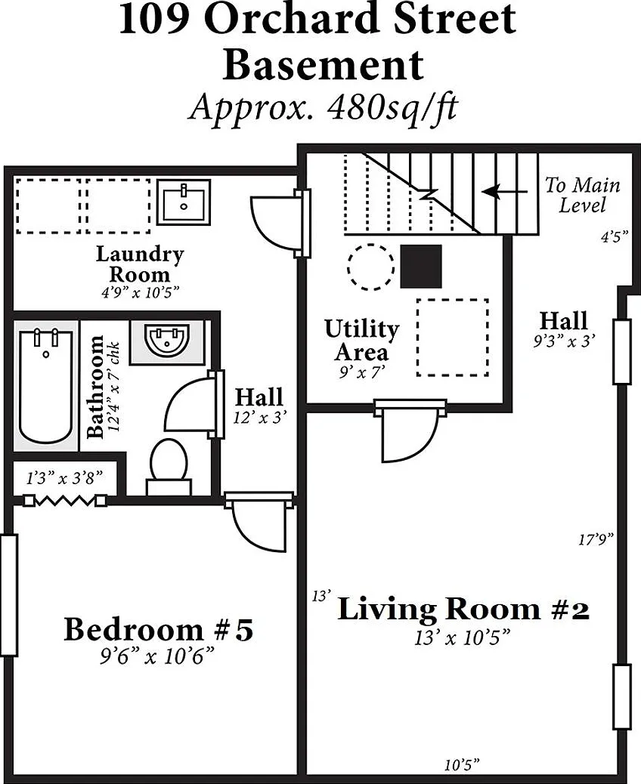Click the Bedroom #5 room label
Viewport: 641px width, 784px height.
click(159, 629)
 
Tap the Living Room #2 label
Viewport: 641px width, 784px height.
click(463, 609)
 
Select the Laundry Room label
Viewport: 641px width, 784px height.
click(140, 264)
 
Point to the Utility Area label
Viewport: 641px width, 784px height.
click(362, 340)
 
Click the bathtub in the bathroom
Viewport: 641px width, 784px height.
click(45, 386)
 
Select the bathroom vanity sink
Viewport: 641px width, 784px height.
click(167, 339)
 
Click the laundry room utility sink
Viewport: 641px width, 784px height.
click(184, 202)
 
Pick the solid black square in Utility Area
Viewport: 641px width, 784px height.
click(421, 266)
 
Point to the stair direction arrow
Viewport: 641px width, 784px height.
click(505, 192)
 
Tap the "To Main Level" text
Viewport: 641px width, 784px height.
click(583, 195)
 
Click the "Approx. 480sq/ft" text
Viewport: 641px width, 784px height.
click(323, 107)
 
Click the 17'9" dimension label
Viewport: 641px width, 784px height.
click(596, 539)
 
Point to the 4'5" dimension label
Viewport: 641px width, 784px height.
click(615, 236)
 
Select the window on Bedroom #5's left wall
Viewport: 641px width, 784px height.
click(9, 595)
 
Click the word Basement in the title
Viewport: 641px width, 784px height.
click(324, 65)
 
